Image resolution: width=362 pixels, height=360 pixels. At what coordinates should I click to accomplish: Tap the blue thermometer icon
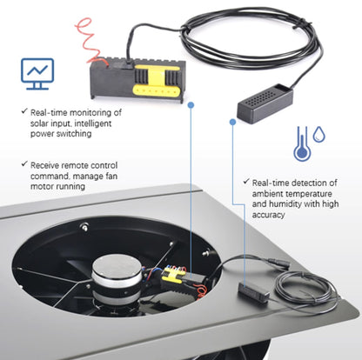coord(300,142)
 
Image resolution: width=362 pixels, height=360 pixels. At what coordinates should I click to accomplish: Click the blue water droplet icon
coord(320,136)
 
